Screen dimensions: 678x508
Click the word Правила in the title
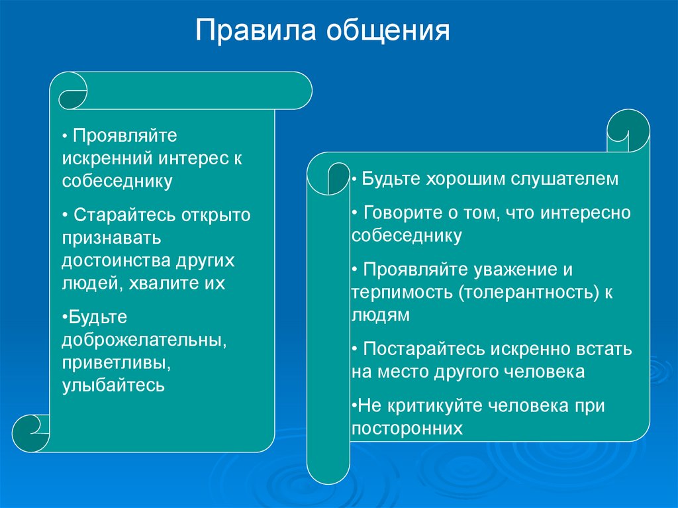click(256, 30)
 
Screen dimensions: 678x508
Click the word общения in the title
click(388, 31)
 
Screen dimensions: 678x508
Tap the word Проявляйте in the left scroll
click(125, 136)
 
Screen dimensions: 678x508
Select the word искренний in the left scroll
click(107, 158)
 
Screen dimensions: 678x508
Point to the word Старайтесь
click(125, 215)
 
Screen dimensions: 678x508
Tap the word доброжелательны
click(144, 340)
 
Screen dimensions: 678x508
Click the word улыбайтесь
click(113, 385)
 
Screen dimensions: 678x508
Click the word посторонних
click(407, 429)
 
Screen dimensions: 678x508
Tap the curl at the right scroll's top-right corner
click(628, 130)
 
